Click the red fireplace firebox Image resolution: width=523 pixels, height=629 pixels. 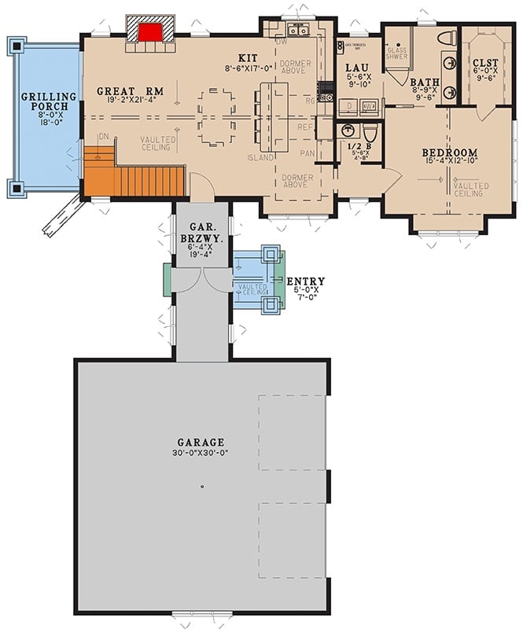pos(149,32)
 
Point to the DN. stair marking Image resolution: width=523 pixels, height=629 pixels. pos(103,137)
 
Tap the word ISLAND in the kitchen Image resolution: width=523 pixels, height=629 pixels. pos(261,157)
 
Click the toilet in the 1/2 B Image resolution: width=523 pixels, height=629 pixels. pos(370,131)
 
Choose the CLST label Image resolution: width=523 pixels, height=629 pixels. pos(484,62)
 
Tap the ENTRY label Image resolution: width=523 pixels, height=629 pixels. pos(305,281)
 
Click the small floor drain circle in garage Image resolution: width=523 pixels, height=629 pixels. pos(202,487)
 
